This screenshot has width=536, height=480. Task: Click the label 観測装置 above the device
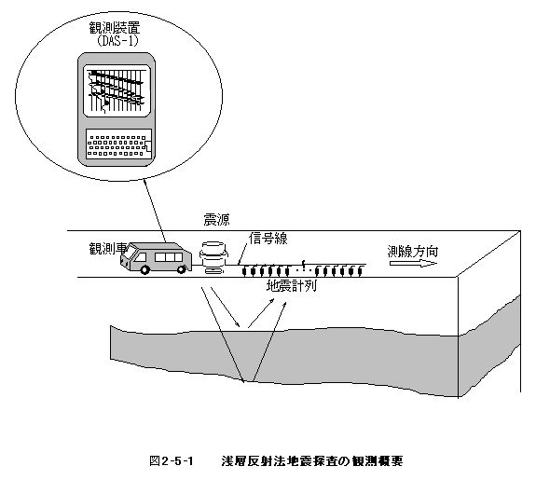click(x=115, y=28)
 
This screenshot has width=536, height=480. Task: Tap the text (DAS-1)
click(x=117, y=41)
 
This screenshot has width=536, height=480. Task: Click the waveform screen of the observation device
click(x=117, y=90)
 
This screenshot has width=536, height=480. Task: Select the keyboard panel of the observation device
click(x=118, y=144)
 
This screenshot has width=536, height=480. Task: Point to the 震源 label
click(x=216, y=219)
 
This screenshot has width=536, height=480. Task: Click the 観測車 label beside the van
click(x=108, y=249)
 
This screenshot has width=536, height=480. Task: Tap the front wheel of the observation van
click(x=144, y=269)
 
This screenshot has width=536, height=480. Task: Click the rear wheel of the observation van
click(x=181, y=269)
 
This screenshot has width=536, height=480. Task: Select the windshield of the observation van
click(x=129, y=254)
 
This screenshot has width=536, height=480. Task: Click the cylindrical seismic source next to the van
click(x=213, y=258)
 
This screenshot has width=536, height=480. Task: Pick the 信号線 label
click(x=268, y=239)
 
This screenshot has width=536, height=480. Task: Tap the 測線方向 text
click(x=413, y=252)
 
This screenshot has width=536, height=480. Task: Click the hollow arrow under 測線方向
click(x=413, y=263)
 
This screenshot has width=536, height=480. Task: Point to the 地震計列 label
click(x=291, y=285)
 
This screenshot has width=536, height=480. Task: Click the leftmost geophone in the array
click(x=244, y=270)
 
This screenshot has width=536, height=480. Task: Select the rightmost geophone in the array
click(x=360, y=270)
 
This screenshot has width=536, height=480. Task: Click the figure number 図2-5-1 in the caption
click(x=172, y=461)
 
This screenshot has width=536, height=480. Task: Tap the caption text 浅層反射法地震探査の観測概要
click(x=312, y=461)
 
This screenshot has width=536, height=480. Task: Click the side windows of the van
click(x=169, y=257)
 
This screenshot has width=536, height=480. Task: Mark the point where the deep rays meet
click(x=248, y=381)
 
